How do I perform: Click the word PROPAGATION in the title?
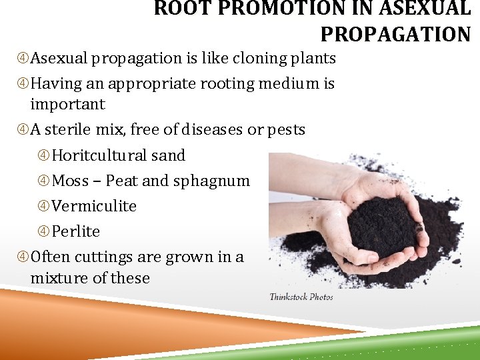click(395, 33)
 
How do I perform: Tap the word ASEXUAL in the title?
click(429, 9)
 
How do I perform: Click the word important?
click(67, 104)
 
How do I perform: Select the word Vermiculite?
click(94, 206)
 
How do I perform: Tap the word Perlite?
click(76, 231)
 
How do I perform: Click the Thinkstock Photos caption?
click(301, 297)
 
